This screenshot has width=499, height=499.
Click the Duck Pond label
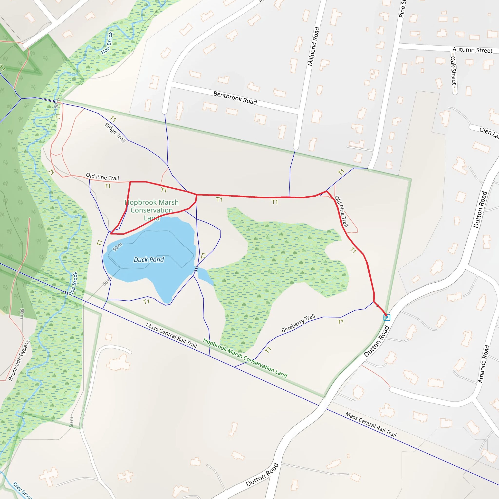coord(149,259)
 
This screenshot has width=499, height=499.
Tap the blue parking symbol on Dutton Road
coord(387,317)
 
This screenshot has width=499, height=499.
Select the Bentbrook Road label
coord(235,98)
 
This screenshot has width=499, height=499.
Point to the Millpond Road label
coord(314,47)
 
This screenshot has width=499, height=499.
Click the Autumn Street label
coord(472,50)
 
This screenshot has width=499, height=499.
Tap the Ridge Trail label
coord(115,133)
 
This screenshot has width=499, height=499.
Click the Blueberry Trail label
coord(298,323)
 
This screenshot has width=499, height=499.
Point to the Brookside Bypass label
coord(19,361)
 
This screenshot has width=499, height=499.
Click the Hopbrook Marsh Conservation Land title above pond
coord(152,210)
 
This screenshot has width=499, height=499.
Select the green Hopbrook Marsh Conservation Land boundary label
coord(245,358)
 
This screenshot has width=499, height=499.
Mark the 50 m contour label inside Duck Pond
coord(117,247)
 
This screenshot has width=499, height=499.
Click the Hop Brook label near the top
coord(107,43)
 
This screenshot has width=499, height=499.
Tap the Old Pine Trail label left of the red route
coord(102,177)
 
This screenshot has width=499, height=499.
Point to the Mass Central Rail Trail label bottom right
coord(371,424)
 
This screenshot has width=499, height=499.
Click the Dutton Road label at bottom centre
coord(262,475)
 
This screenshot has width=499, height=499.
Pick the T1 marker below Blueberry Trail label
coord(341,322)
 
